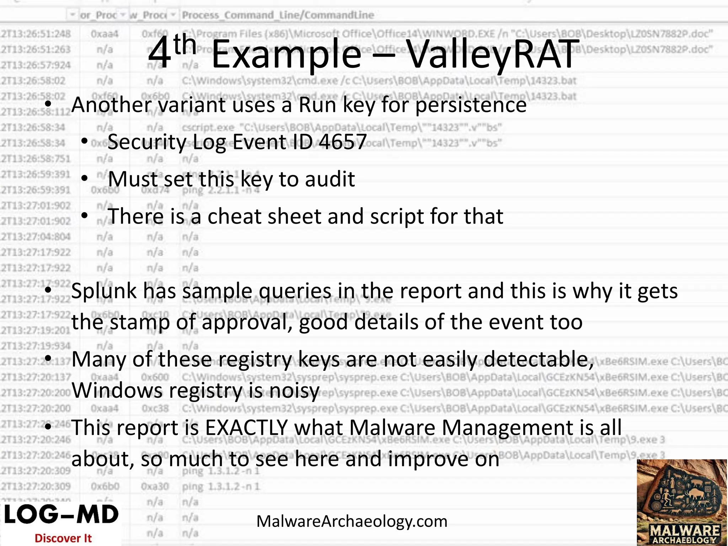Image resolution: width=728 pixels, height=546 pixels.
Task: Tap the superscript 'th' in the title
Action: coord(185,44)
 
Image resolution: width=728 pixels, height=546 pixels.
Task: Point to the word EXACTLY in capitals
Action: coord(246,428)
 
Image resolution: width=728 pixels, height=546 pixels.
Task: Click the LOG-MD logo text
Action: coord(61,515)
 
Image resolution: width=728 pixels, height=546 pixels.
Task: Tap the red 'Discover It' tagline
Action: coord(63,538)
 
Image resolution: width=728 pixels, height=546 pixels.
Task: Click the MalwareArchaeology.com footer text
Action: coord(352,521)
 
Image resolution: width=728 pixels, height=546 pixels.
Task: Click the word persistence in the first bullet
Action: coord(471,105)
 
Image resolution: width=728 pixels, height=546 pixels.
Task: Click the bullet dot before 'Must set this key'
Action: coord(84,178)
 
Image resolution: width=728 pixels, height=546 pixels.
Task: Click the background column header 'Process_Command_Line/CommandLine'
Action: coord(278,15)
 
